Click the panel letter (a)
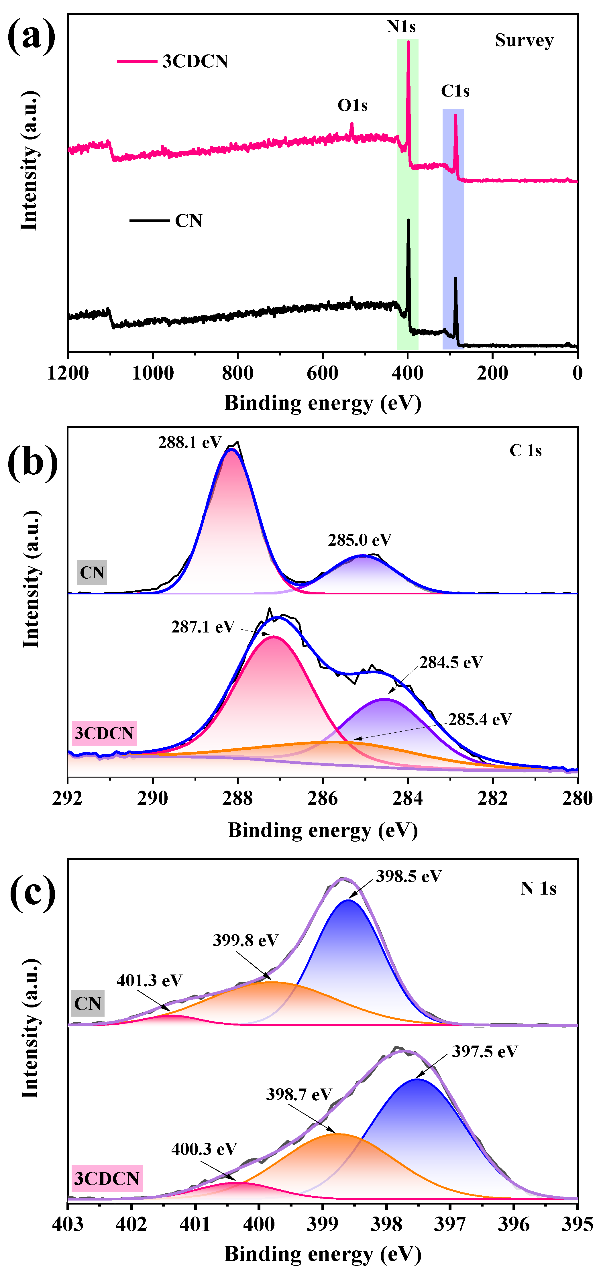[31, 36]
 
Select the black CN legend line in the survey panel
[149, 220]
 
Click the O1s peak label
[352, 105]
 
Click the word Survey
[524, 40]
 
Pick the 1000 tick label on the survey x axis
[153, 373]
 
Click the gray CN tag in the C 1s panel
[92, 573]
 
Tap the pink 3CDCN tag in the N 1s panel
[107, 1178]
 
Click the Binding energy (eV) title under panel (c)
[322, 1254]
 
